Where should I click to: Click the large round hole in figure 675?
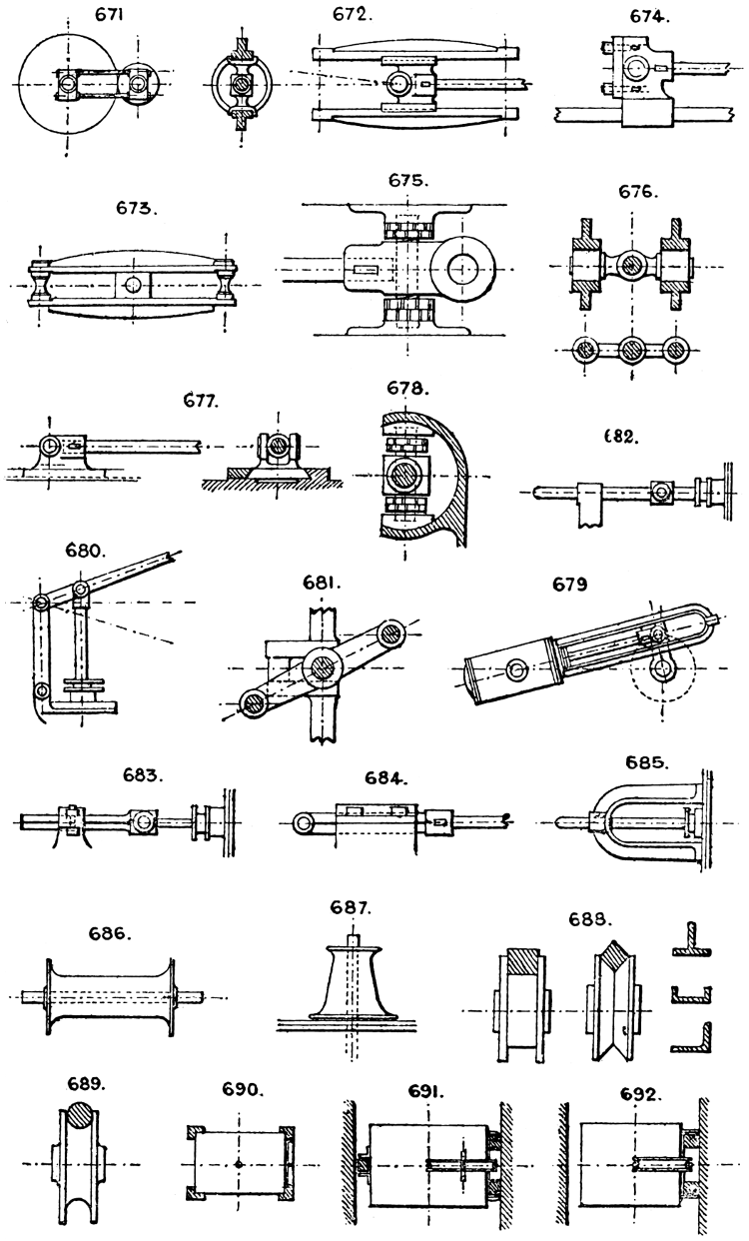point(466,267)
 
